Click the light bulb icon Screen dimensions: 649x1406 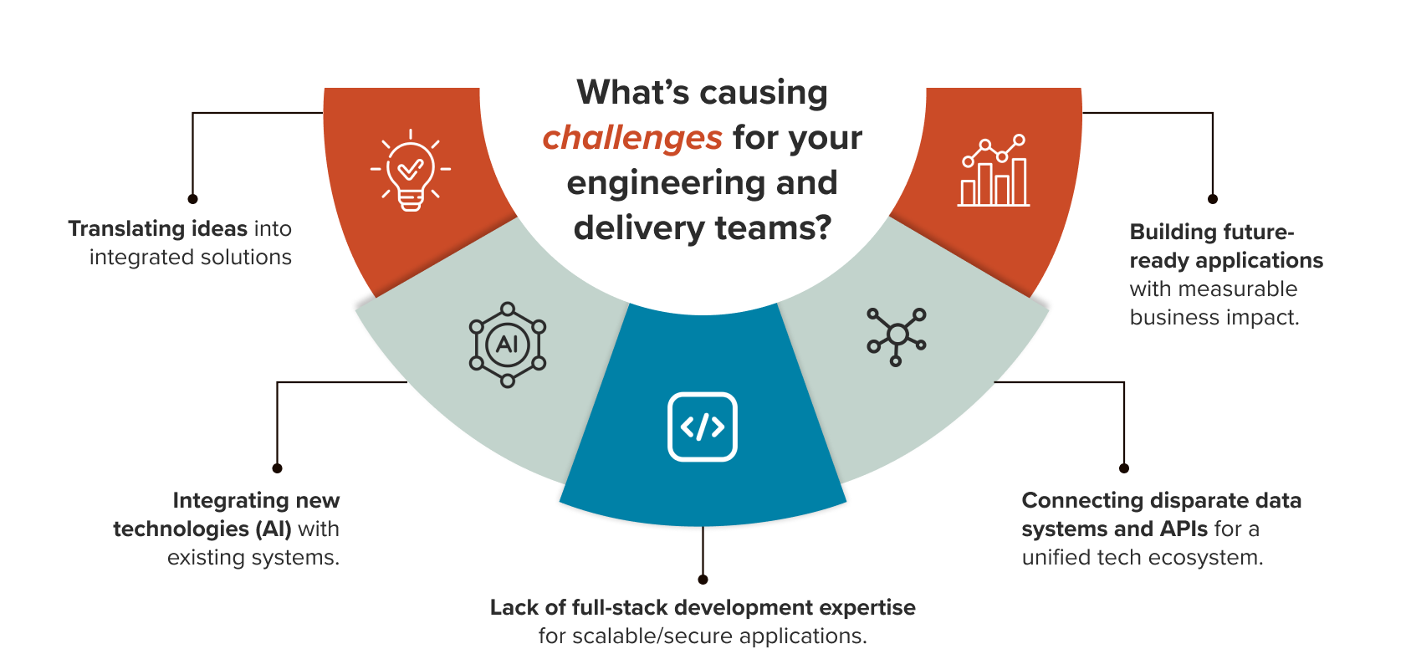click(410, 170)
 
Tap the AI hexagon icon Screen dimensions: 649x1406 click(508, 345)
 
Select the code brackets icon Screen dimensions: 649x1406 click(703, 427)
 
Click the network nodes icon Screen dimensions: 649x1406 click(897, 335)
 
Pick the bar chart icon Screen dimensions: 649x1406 click(994, 171)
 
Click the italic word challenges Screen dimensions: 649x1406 click(632, 138)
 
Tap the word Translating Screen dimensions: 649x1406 click(126, 228)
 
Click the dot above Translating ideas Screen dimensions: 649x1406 click(193, 199)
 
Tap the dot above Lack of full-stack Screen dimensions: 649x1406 click(703, 580)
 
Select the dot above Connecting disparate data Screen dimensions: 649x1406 click(1124, 468)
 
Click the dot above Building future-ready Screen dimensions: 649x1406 click(1212, 199)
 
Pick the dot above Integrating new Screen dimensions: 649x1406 click(278, 468)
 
